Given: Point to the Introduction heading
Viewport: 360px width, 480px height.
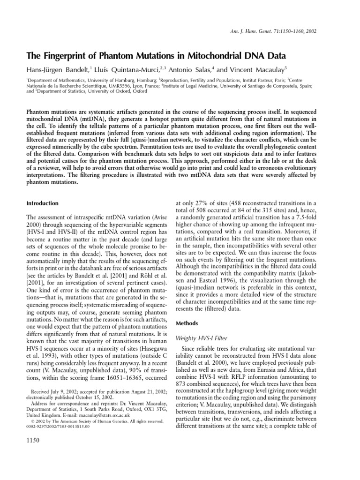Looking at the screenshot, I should point(42,203).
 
